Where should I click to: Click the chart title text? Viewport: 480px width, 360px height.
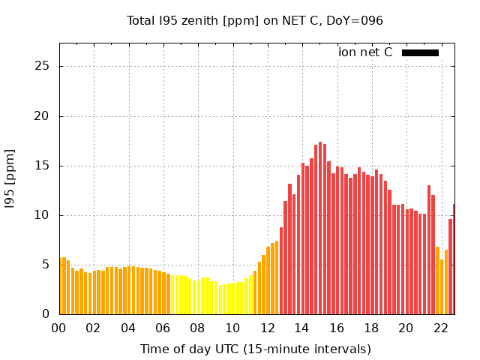254,20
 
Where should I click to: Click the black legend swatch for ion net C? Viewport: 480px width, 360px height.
420,52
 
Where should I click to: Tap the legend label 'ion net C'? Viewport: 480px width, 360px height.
365,52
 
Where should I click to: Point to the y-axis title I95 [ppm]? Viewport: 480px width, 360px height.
10,178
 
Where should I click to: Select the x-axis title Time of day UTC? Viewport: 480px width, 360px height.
255,349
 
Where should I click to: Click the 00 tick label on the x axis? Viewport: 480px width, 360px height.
58,328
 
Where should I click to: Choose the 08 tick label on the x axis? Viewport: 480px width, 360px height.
197,328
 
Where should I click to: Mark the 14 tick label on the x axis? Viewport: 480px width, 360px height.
301,328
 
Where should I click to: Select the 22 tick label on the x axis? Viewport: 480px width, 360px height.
440,328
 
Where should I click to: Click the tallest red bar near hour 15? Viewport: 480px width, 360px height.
320,225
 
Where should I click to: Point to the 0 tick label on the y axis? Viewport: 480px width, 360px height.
46,313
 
